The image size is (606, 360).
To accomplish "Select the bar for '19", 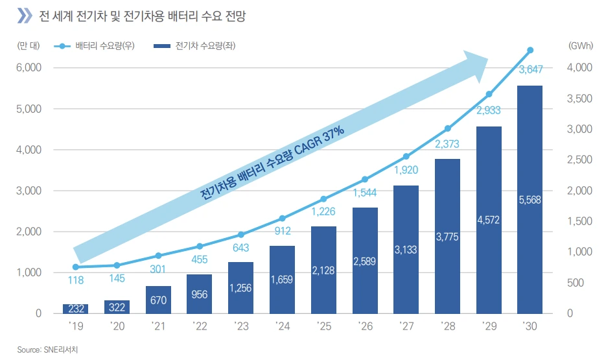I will pos(76,309).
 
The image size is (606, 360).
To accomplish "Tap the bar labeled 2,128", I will pos(323,270).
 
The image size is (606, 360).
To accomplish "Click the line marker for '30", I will pos(530,50).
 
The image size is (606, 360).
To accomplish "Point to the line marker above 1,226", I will pos(323,199).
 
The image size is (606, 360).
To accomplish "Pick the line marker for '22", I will pos(200,246).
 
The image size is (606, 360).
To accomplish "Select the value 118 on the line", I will pos(76,280).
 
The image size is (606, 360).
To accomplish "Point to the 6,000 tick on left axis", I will pos(29,67).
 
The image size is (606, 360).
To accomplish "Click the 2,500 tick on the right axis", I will pos(579,160).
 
